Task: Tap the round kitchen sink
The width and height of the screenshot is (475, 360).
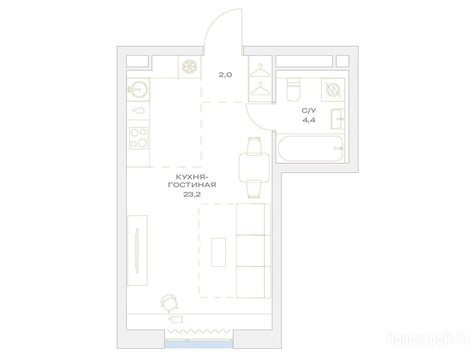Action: [x=138, y=89]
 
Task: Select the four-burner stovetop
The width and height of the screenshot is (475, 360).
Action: [x=139, y=138]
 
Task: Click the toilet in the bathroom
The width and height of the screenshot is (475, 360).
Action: [x=293, y=90]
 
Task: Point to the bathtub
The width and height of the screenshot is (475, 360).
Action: [x=311, y=150]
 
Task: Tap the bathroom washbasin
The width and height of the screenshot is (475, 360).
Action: [x=338, y=119]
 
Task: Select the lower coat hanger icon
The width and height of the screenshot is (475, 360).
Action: [x=260, y=88]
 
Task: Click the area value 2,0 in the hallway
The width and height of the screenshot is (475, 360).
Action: [x=225, y=75]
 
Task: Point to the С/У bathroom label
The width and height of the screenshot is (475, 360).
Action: [x=308, y=111]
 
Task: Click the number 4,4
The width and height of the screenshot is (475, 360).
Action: [x=309, y=120]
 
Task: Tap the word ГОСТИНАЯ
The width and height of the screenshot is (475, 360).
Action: [x=192, y=185]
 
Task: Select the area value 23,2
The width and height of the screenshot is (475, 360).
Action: [x=192, y=195]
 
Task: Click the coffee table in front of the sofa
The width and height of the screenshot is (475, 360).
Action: [x=219, y=252]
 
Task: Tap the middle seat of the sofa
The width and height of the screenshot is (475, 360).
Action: [x=251, y=250]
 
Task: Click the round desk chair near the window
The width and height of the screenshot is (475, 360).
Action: [x=169, y=302]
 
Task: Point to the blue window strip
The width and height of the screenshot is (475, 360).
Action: [x=199, y=344]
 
